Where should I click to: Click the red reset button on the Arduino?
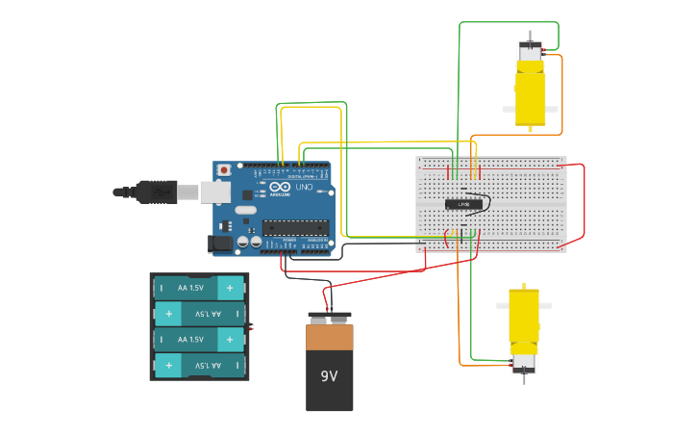224,170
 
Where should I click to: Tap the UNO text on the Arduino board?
304,187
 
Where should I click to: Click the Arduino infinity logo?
280,186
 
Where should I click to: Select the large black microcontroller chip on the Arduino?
295,228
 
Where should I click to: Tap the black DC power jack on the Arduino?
221,244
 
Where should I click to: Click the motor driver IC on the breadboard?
463,204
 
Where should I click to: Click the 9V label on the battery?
329,375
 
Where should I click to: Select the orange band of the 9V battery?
330,337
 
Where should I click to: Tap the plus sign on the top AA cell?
230,288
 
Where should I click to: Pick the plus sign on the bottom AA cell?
169,366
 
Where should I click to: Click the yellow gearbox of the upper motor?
530,96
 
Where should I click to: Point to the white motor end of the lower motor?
524,362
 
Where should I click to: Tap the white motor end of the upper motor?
530,51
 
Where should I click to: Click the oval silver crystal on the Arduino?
246,210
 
